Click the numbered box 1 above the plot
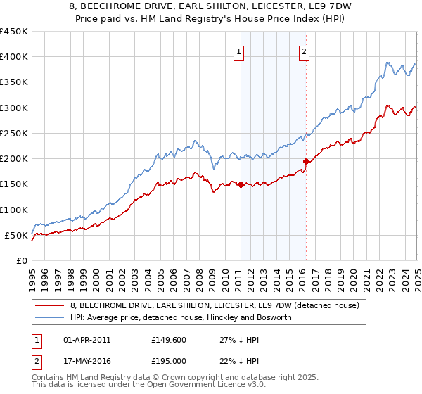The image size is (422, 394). [x=239, y=51]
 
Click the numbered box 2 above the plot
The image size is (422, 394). [x=304, y=51]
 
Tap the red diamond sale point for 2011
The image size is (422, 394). [x=241, y=184]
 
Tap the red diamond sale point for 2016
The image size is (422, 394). [x=307, y=161]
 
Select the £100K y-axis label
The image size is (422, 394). [x=13, y=210]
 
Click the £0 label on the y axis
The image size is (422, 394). [x=21, y=261]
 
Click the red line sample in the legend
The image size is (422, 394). [x=50, y=305]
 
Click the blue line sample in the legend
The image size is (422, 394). [x=50, y=318]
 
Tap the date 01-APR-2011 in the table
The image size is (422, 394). [x=87, y=339]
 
